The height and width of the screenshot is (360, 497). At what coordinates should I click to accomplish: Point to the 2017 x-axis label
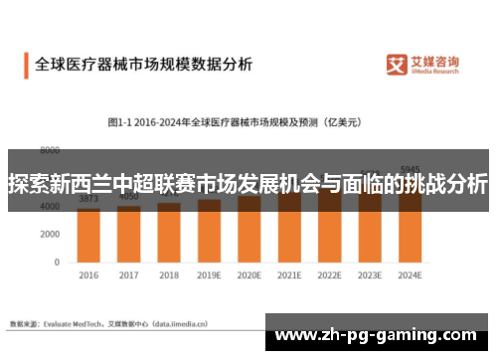point(129,274)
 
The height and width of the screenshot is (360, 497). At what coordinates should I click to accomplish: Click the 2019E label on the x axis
point(209,274)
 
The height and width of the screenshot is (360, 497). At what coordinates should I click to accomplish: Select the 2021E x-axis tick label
point(289,274)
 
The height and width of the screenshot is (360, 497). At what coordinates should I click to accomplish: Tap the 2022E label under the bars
point(329,274)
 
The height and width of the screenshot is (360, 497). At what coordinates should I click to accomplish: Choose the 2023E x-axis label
point(370,274)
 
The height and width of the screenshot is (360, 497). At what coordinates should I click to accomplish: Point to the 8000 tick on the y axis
point(50,149)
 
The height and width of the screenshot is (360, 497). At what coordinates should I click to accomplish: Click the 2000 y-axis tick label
point(50,234)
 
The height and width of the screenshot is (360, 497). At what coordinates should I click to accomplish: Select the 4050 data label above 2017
point(129,197)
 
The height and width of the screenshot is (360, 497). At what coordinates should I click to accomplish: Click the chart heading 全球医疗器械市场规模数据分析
point(143,64)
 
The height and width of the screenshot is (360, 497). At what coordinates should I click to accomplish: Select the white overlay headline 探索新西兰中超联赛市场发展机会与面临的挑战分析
point(248,185)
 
